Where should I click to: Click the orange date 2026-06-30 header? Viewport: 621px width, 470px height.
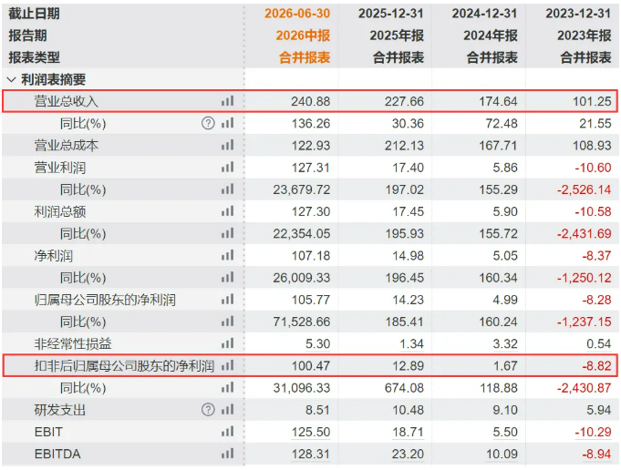(297, 14)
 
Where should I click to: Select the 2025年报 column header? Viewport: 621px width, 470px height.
(397, 36)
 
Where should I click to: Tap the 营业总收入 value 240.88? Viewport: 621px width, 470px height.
(310, 101)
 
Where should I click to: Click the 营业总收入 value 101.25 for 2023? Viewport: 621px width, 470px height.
(592, 101)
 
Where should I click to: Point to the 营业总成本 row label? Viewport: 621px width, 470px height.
(67, 146)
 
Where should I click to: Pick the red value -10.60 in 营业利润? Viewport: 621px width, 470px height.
(593, 168)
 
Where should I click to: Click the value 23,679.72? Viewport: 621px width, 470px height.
(302, 189)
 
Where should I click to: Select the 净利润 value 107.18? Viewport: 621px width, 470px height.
(311, 256)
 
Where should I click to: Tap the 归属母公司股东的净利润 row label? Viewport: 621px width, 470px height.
(105, 300)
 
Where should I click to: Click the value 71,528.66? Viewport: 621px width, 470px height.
(302, 322)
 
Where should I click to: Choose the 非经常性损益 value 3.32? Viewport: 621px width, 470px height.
(505, 343)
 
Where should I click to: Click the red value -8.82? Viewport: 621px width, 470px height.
(596, 365)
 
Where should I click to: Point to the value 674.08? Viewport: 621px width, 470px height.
(404, 388)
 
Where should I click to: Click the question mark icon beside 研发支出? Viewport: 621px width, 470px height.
(208, 410)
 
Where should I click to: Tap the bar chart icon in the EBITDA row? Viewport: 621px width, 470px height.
(227, 454)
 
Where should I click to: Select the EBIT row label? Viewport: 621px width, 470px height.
(48, 432)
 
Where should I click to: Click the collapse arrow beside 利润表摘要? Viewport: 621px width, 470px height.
(11, 80)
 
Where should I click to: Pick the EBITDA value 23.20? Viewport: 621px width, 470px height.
(408, 454)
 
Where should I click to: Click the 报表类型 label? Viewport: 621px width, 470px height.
(34, 57)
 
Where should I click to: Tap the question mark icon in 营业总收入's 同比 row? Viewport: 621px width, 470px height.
(208, 124)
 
